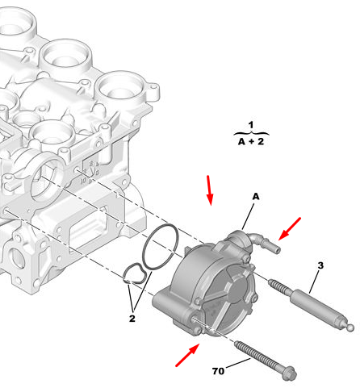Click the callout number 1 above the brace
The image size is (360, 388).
click(251, 125)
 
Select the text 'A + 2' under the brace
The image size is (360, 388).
click(251, 141)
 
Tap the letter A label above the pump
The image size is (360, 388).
click(256, 197)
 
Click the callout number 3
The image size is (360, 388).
click(320, 265)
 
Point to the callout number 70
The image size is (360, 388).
click(218, 371)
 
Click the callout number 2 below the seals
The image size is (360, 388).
click(132, 319)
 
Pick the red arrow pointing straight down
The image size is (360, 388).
click(209, 190)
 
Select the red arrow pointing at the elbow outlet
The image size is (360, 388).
click(290, 228)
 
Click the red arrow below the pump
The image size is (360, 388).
click(187, 355)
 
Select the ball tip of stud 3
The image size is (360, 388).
click(350, 328)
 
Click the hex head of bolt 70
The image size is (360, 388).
click(289, 373)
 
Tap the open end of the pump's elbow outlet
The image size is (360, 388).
click(278, 250)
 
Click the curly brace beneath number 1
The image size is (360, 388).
click(251, 133)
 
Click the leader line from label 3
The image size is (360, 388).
click(314, 282)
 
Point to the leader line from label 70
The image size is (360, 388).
click(238, 363)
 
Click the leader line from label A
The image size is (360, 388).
click(248, 216)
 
